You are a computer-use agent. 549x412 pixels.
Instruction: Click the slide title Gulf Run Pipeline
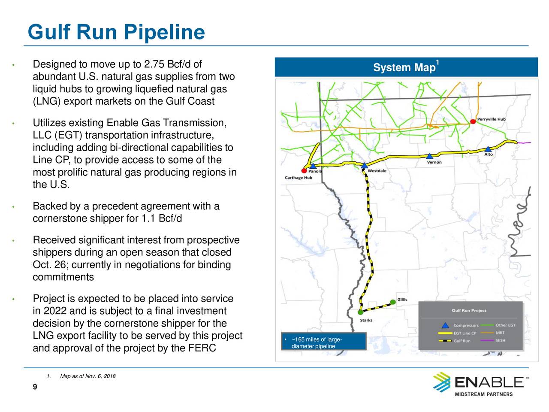point(116,32)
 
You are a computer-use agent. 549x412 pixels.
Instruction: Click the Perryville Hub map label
point(491,119)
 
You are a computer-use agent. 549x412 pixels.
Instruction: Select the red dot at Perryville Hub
point(473,121)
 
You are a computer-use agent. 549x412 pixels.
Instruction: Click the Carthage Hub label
point(299,178)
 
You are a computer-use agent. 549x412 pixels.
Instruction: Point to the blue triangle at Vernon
point(429,156)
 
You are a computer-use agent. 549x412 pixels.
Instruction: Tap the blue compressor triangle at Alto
point(488,149)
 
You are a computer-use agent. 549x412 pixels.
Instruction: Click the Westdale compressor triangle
point(364,166)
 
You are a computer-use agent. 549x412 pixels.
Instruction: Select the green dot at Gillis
point(393,302)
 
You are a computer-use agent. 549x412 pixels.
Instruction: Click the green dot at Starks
point(360,312)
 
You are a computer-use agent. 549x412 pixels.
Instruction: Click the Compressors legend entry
point(465,325)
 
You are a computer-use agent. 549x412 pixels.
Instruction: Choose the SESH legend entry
point(500,341)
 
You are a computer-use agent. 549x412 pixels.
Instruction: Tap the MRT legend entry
point(500,333)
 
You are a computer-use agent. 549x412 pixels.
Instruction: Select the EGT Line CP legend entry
point(465,333)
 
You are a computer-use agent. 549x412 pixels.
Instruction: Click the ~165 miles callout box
point(324,342)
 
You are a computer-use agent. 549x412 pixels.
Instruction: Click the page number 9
point(35,387)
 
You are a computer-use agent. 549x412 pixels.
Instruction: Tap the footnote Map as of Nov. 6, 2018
point(88,376)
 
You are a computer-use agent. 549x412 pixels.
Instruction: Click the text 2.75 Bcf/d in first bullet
point(167,65)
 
